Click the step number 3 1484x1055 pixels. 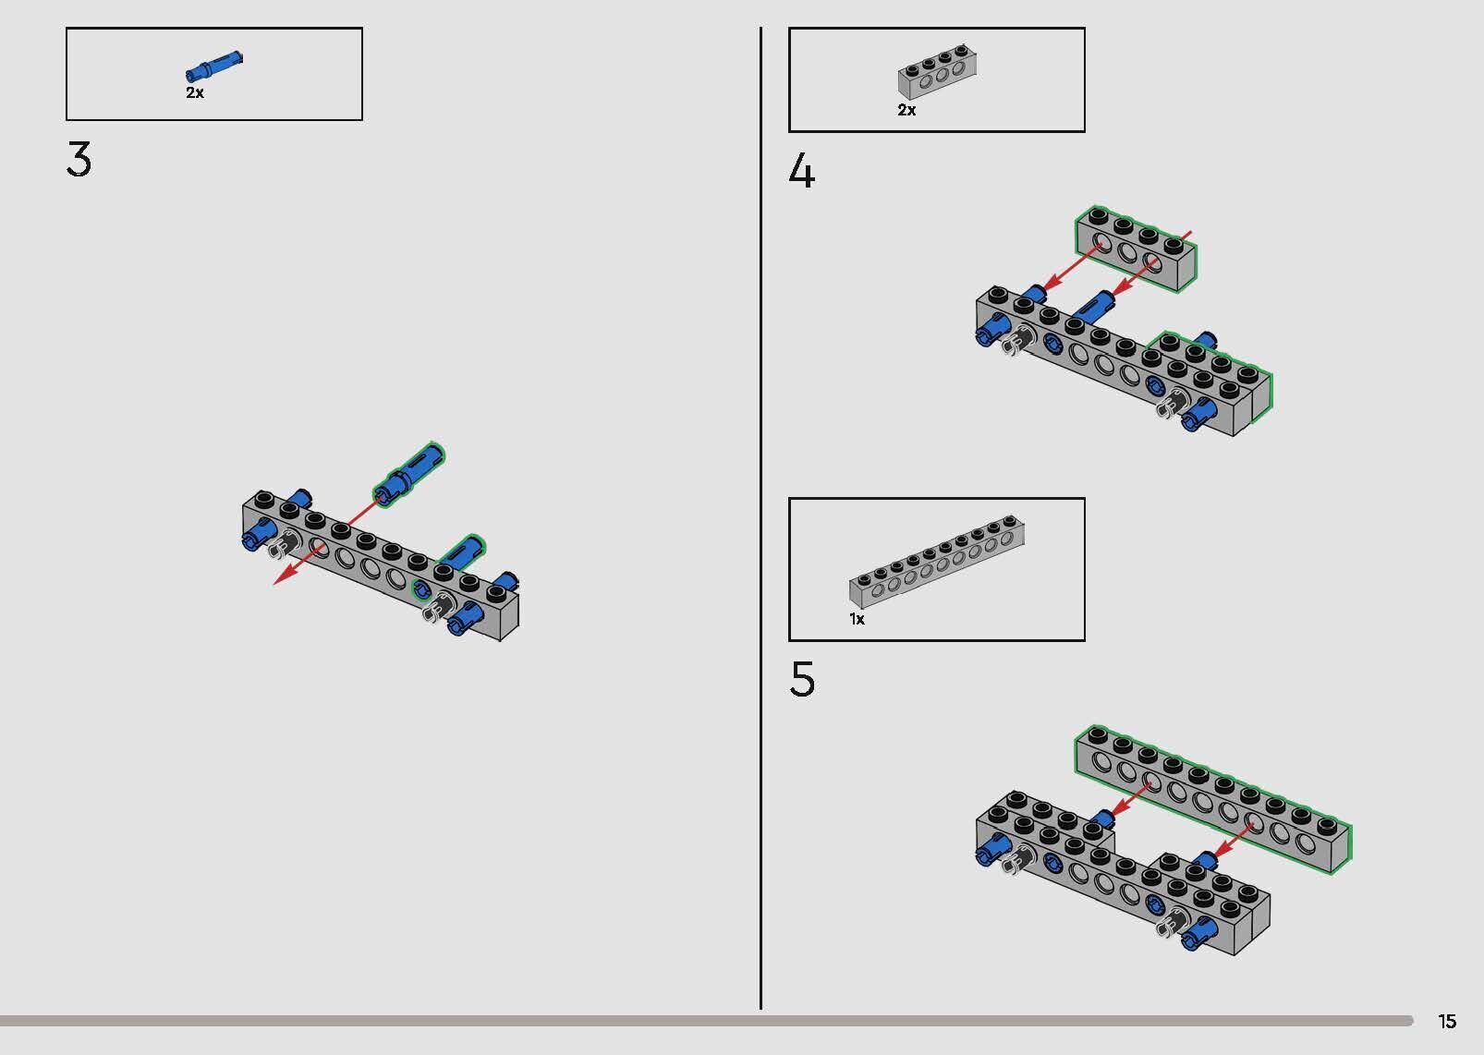[79, 160]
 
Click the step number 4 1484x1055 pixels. [802, 171]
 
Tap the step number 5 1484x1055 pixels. [802, 679]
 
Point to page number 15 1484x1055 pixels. [1448, 1021]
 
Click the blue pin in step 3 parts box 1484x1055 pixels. [214, 66]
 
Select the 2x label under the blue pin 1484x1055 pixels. [195, 92]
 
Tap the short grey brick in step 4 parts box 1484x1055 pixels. [937, 72]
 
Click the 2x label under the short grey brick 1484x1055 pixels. [907, 110]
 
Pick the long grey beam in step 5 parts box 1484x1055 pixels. [937, 562]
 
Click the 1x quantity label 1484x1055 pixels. [857, 619]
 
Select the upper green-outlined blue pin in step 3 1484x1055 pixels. [408, 474]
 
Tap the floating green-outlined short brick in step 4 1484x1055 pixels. [1136, 249]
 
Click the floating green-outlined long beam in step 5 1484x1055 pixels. [1212, 800]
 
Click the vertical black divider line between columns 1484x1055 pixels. [760, 518]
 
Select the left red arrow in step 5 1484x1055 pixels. [1132, 799]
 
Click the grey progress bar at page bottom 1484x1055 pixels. [706, 1021]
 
